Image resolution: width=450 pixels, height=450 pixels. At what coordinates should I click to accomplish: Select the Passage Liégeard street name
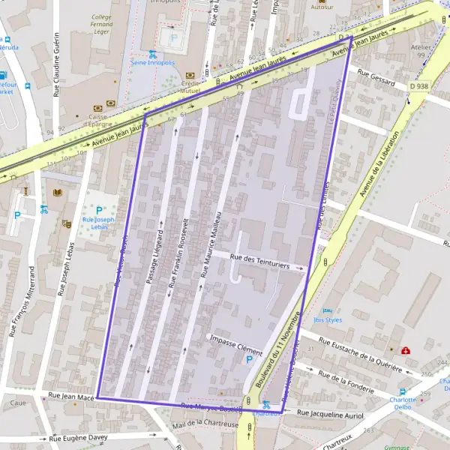[x=153, y=251]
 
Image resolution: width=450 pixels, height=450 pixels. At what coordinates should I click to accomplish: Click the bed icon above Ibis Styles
[x=327, y=310]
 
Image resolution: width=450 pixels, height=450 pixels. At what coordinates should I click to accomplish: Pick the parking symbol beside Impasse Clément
[x=249, y=360]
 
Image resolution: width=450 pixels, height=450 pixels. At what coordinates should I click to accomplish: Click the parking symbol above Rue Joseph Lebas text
[x=98, y=210]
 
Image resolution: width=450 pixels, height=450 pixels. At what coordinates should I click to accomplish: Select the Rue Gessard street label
[x=376, y=77]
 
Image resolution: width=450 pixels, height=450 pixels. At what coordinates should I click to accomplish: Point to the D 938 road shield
[x=420, y=86]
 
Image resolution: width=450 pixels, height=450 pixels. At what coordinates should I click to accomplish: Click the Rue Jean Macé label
[x=70, y=394]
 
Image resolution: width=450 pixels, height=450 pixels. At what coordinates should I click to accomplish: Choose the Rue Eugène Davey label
[x=78, y=437]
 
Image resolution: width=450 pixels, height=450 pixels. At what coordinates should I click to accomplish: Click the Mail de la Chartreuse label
[x=205, y=424]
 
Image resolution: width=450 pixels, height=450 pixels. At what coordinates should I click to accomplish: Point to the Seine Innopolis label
[x=153, y=62]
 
